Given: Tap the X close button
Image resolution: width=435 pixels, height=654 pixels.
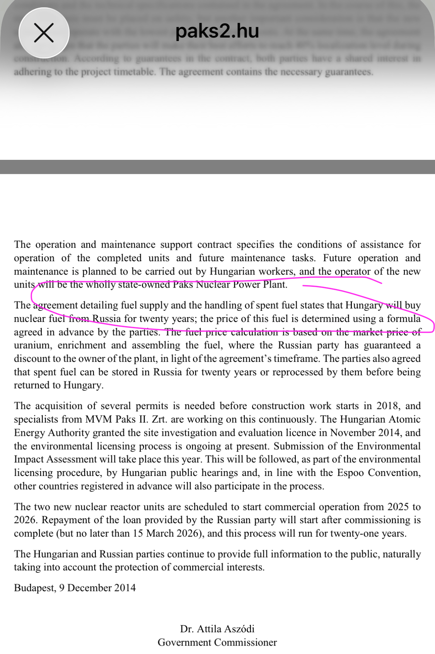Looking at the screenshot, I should [x=44, y=33].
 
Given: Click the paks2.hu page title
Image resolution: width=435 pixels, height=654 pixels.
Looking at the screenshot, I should [x=217, y=31].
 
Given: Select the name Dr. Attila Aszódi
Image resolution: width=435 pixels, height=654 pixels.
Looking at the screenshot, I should [x=217, y=629].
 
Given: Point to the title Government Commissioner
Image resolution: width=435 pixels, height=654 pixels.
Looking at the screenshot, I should [x=217, y=642].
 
